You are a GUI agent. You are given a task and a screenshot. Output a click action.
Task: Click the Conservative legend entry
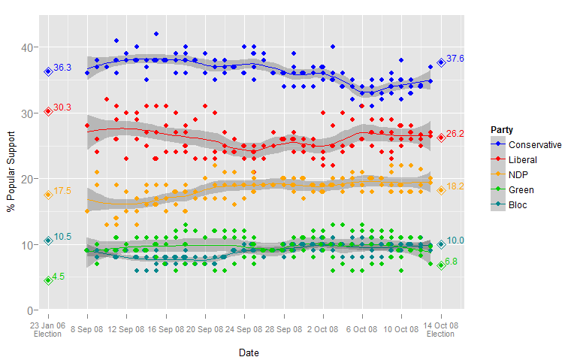coord(534,145)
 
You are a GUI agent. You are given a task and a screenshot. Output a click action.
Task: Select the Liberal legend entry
coord(523,160)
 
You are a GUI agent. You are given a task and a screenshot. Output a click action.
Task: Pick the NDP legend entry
coord(518,175)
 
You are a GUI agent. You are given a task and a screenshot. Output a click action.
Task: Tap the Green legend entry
coord(521,190)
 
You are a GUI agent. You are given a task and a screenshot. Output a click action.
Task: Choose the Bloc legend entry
coord(518,205)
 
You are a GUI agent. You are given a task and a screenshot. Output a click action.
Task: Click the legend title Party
coord(503,129)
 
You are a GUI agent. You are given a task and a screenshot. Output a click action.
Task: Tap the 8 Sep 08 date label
coord(87,328)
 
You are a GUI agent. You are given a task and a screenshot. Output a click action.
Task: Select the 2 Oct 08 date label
coord(323,328)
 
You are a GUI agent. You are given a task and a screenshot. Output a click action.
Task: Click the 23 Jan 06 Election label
coord(47,329)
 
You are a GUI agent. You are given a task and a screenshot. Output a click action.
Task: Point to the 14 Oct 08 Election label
coord(441,329)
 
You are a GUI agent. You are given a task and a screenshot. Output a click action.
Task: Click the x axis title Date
coord(249,352)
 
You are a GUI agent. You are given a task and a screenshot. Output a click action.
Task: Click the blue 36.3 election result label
coord(62,68)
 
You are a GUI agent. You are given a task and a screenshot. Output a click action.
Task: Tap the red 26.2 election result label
coord(455,134)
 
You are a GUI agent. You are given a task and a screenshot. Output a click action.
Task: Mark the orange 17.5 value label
coord(62,192)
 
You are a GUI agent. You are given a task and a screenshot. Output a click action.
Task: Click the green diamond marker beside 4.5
coord(48,280)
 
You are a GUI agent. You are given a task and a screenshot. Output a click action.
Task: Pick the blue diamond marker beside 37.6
coord(441,63)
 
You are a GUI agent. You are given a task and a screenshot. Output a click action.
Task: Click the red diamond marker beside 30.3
coord(48,111)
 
